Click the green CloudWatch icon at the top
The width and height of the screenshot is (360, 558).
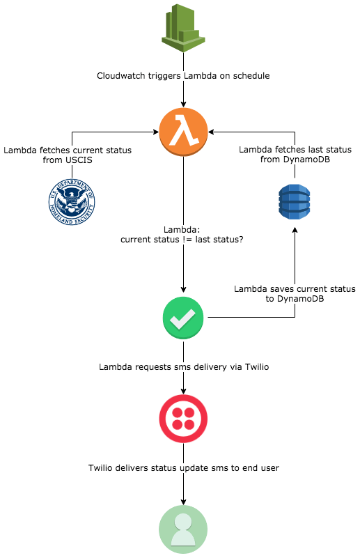click(x=183, y=26)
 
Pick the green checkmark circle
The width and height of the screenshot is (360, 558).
click(x=183, y=318)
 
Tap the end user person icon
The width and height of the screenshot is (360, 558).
click(x=183, y=529)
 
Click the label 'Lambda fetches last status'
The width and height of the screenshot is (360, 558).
click(x=295, y=150)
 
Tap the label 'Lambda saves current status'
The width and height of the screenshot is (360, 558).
click(x=295, y=288)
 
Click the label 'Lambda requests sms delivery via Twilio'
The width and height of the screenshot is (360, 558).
click(x=184, y=366)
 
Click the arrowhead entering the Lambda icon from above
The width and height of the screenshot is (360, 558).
click(x=183, y=102)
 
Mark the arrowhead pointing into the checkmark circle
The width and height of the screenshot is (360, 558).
click(x=183, y=290)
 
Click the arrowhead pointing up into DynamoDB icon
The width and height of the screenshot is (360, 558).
click(x=295, y=231)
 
